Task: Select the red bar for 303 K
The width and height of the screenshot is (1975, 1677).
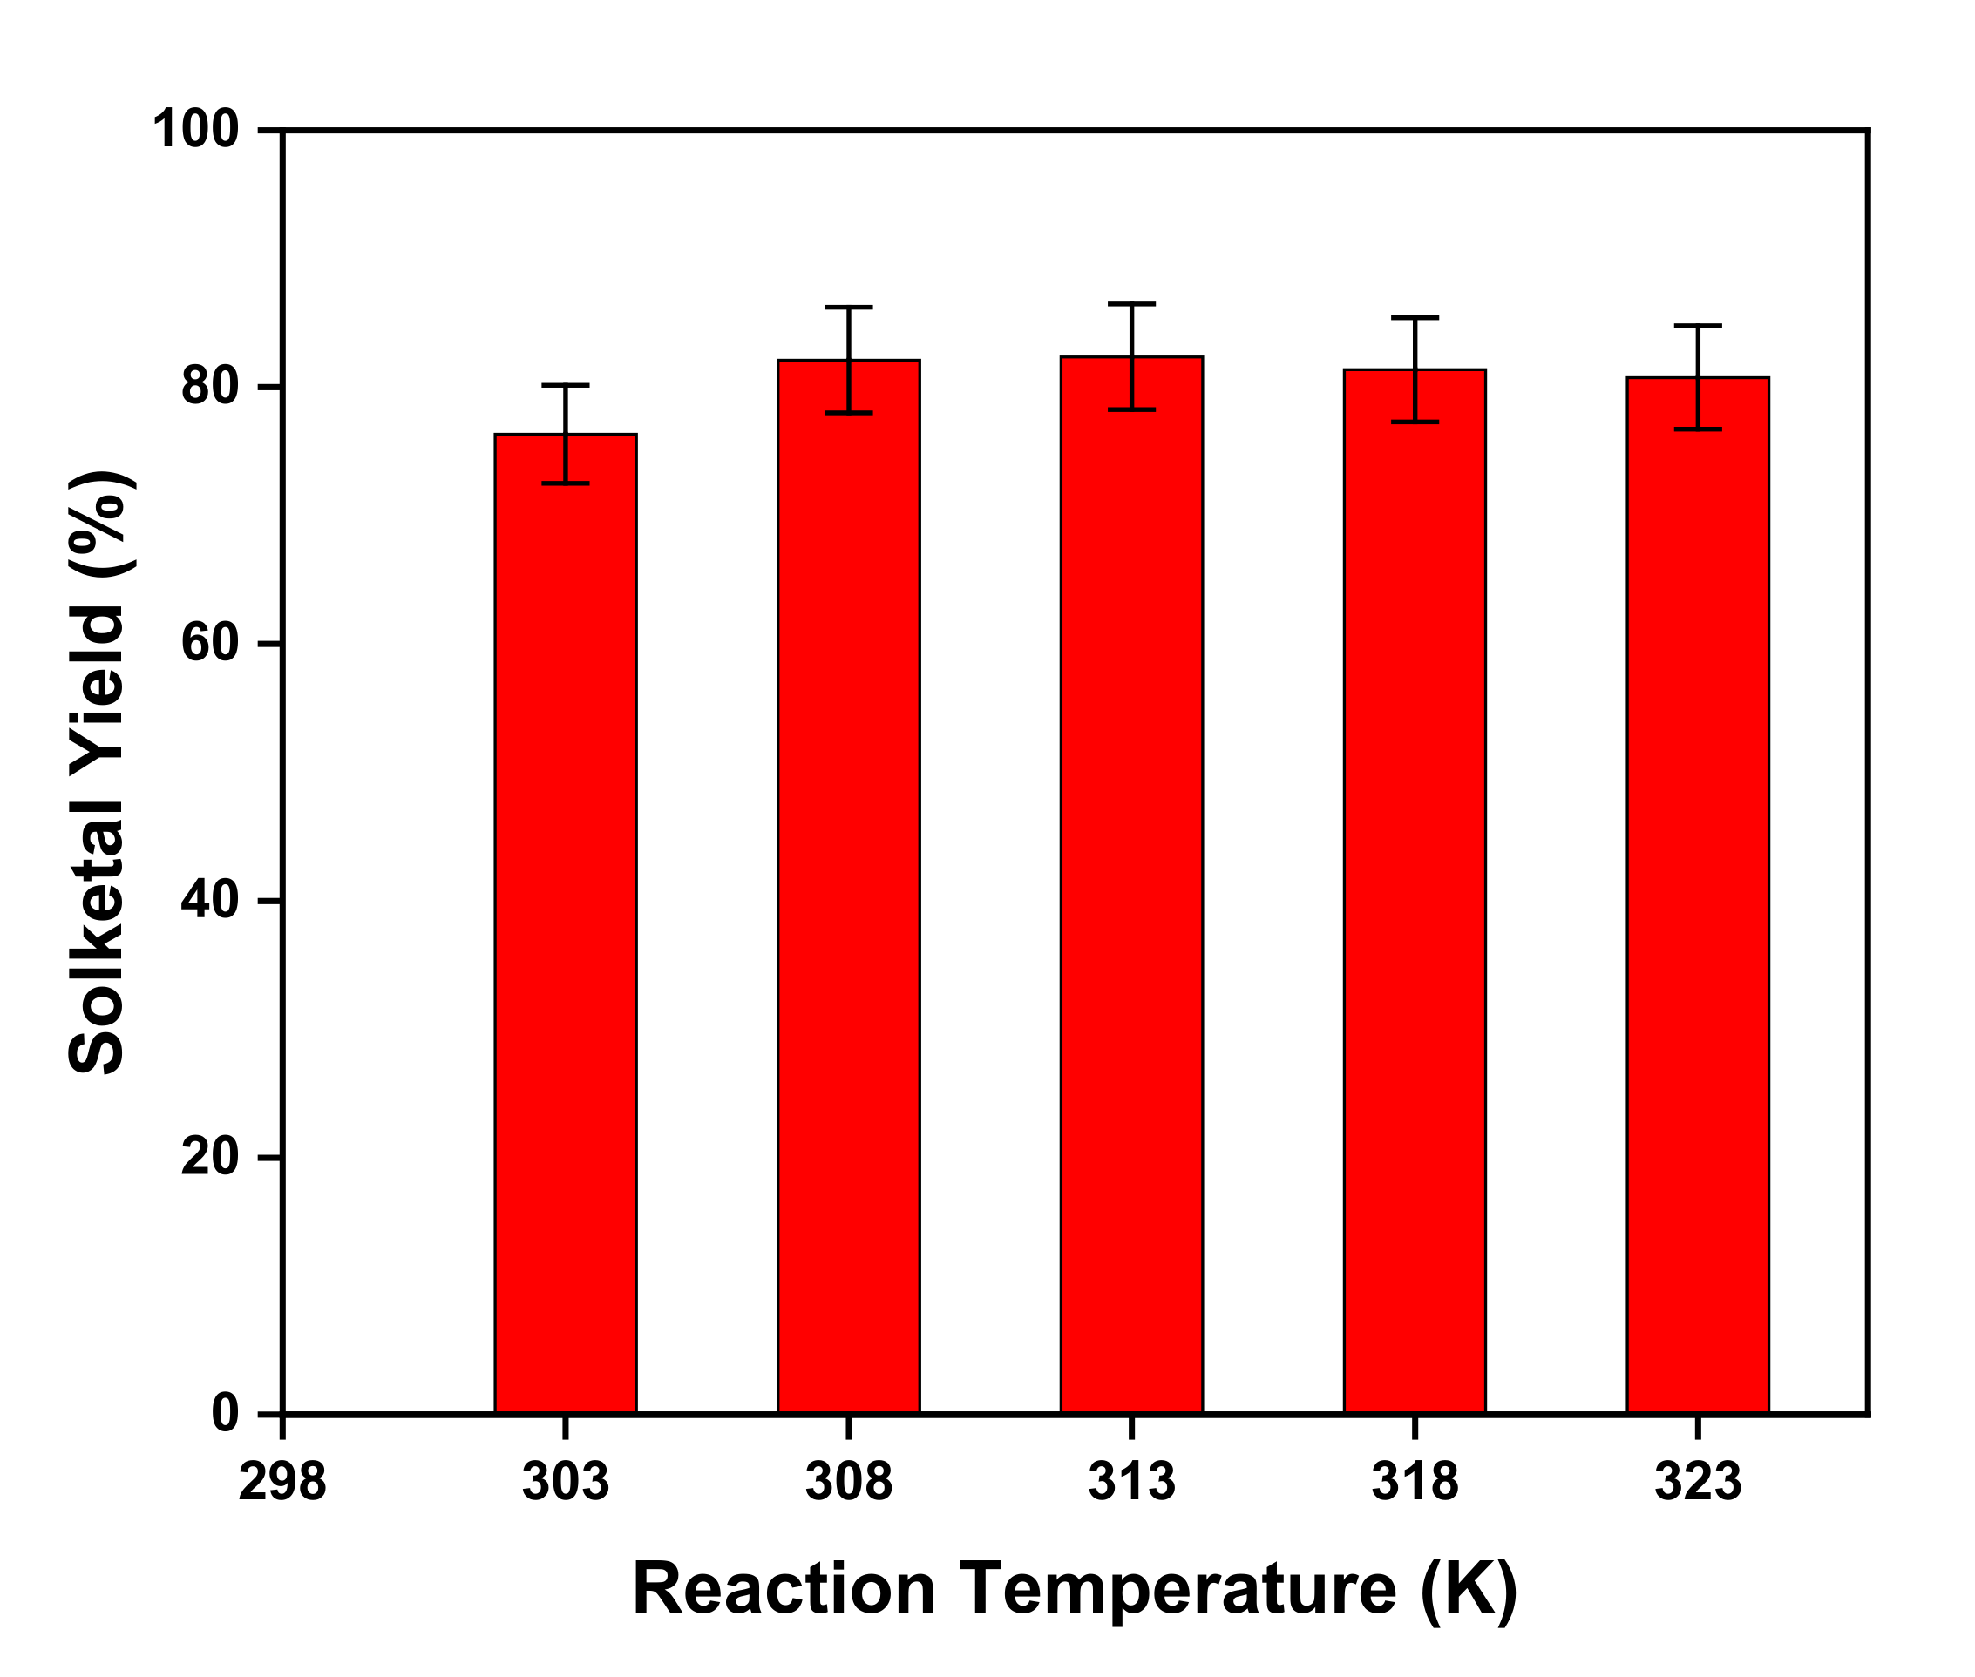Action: point(565,923)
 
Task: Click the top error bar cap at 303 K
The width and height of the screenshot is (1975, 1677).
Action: point(565,385)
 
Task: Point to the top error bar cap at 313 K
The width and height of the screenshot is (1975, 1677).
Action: point(1131,304)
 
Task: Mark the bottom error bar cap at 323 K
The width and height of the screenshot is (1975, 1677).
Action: point(1697,429)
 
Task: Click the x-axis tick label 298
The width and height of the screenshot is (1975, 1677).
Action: point(282,1482)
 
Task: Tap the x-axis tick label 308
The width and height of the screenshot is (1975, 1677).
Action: point(848,1482)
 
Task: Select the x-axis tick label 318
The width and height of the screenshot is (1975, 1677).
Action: point(1414,1482)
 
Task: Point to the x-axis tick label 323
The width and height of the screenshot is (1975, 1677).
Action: point(1697,1482)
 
